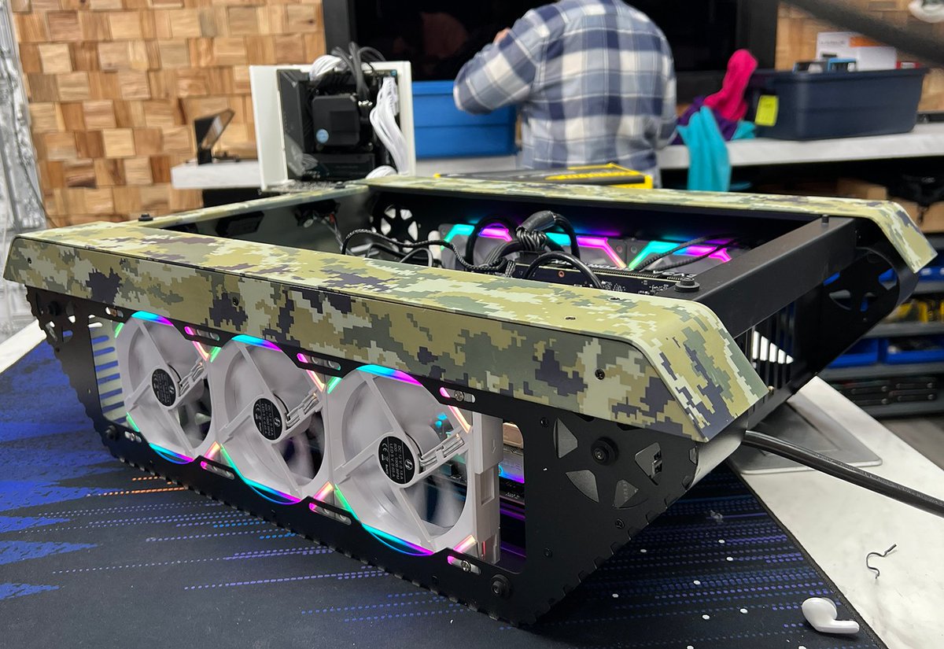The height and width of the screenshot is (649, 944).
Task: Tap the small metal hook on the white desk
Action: click(879, 559)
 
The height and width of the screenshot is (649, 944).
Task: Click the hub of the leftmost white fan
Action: click(164, 387)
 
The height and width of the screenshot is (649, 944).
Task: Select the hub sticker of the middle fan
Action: click(268, 418)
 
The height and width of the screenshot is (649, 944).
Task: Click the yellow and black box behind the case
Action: click(551, 174)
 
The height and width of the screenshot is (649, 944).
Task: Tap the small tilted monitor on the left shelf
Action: click(213, 135)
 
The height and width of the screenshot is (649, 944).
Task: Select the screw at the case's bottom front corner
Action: click(500, 585)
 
